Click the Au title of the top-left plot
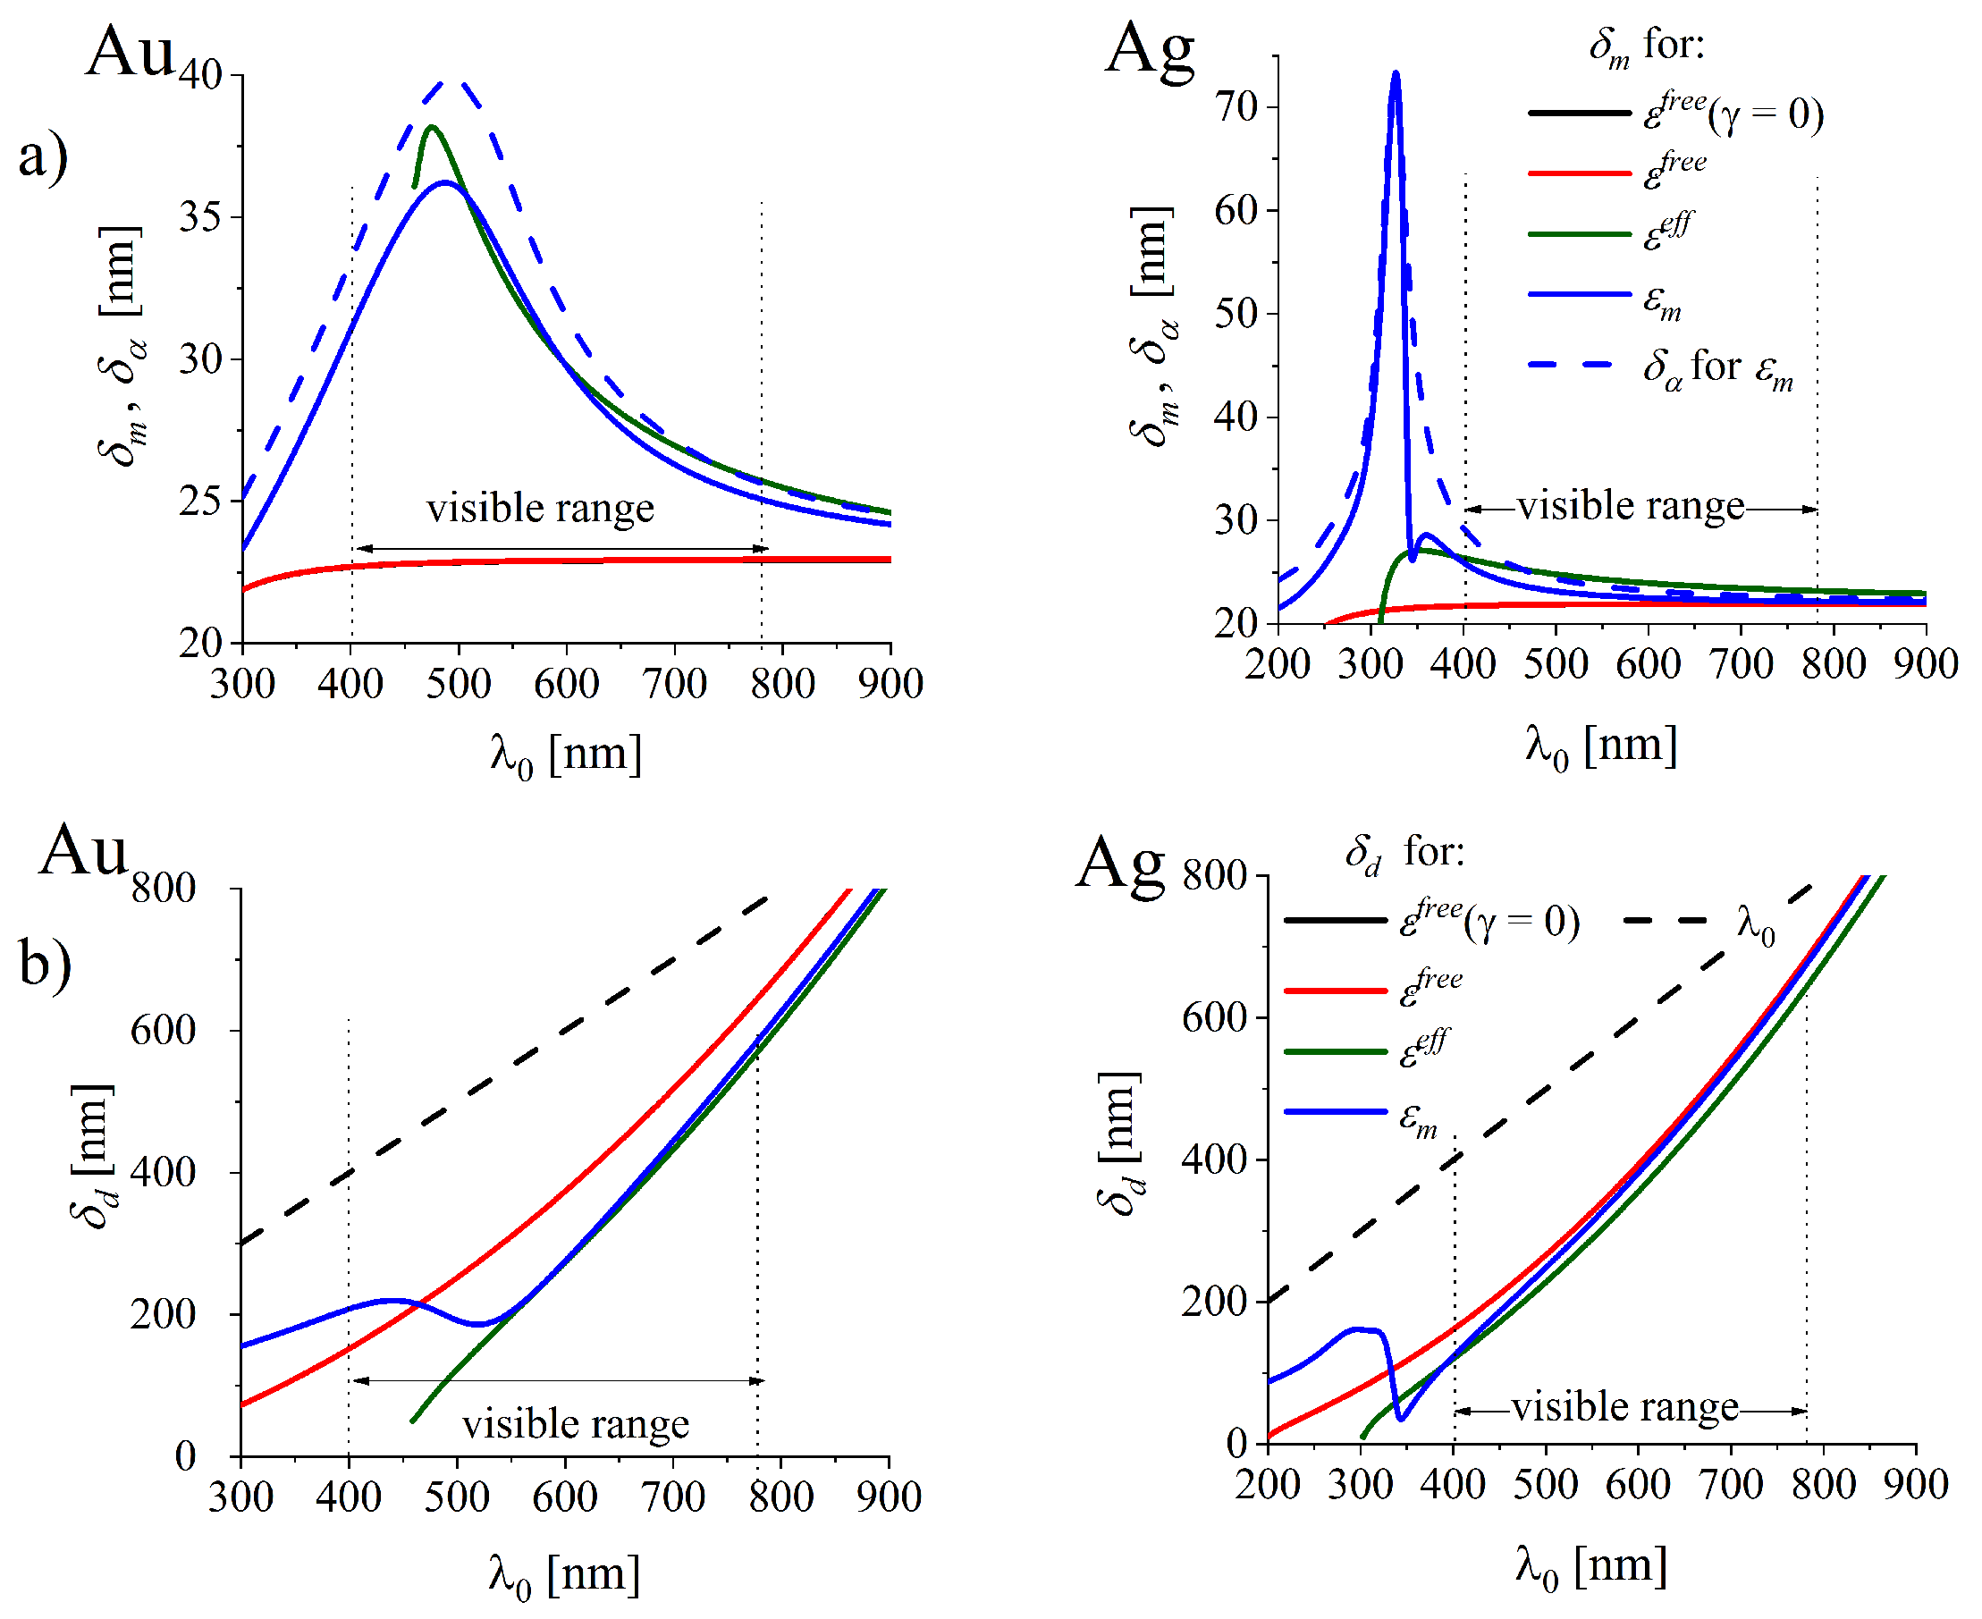click(x=130, y=51)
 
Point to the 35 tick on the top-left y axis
click(x=200, y=217)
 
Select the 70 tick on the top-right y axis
click(x=1236, y=107)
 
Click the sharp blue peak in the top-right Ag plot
click(x=1396, y=73)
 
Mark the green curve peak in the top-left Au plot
click(x=432, y=127)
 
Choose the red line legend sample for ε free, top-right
click(x=1579, y=173)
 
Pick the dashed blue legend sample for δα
click(x=1573, y=365)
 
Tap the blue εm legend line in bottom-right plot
click(x=1336, y=1111)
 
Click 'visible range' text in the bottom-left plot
click(x=576, y=1424)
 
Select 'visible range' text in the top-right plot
click(x=1631, y=506)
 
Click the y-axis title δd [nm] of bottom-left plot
click(x=93, y=1157)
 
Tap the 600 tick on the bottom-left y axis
click(x=164, y=1031)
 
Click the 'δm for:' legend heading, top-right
click(x=1646, y=45)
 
